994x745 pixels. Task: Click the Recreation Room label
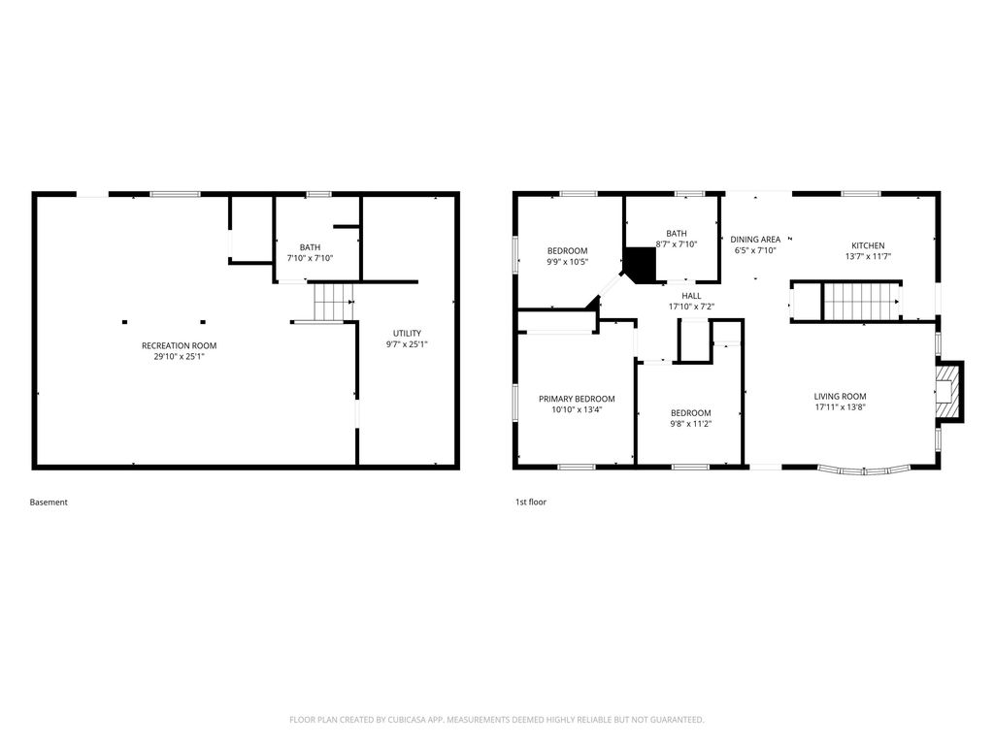pos(179,346)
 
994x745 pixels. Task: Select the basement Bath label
pos(310,247)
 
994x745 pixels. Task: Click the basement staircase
pos(334,302)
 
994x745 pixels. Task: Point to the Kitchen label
pos(868,245)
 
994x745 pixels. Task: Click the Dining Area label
pos(755,240)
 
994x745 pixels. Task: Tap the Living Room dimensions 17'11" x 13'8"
pos(840,407)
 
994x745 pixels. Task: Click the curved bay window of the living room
pos(864,470)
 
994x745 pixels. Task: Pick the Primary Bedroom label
pos(577,399)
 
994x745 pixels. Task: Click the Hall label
pos(691,296)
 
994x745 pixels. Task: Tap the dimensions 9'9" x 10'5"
pos(567,262)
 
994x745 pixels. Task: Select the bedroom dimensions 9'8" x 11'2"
pos(691,424)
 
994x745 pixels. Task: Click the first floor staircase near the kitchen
pos(862,302)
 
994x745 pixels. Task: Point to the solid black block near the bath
pos(640,264)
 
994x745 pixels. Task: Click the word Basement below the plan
pos(49,502)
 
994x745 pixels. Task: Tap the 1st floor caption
pos(531,502)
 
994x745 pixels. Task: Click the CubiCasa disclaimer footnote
pos(496,720)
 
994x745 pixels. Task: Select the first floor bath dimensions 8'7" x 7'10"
pos(677,244)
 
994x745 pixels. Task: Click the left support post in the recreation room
pos(125,322)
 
